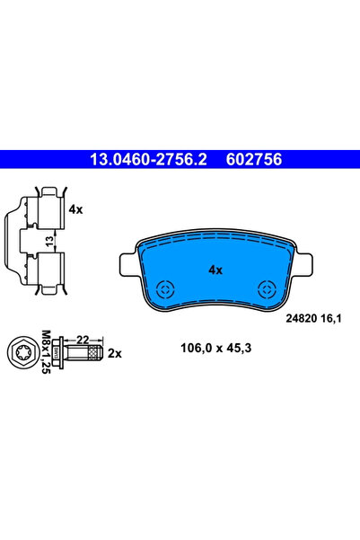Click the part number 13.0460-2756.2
click(x=148, y=159)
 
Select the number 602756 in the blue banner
click(x=254, y=159)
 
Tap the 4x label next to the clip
click(x=75, y=209)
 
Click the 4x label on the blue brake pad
click(x=215, y=270)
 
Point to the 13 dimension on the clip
click(x=50, y=241)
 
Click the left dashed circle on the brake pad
click(x=165, y=288)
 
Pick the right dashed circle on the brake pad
click(x=268, y=288)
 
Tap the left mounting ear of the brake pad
click(x=129, y=264)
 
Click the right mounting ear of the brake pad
click(x=303, y=264)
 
